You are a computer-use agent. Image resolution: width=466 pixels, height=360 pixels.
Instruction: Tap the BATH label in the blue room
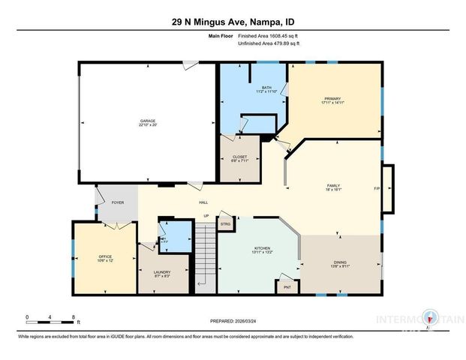coord(266,88)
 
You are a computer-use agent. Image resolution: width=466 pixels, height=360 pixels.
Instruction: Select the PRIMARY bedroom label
coord(332,98)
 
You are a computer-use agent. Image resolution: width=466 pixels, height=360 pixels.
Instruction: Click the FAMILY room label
coord(333,185)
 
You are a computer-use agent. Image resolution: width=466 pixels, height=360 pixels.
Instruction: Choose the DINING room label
coord(340,262)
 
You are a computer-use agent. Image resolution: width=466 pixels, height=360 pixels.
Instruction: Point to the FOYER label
coord(118,202)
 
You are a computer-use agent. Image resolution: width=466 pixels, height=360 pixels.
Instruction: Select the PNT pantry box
coord(286,287)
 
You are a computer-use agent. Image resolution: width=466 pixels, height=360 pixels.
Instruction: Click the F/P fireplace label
coord(377,188)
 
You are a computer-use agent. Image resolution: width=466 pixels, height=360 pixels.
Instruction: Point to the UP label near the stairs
coord(206,216)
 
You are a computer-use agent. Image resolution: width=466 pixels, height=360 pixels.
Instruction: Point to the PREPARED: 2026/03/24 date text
coord(233,320)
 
